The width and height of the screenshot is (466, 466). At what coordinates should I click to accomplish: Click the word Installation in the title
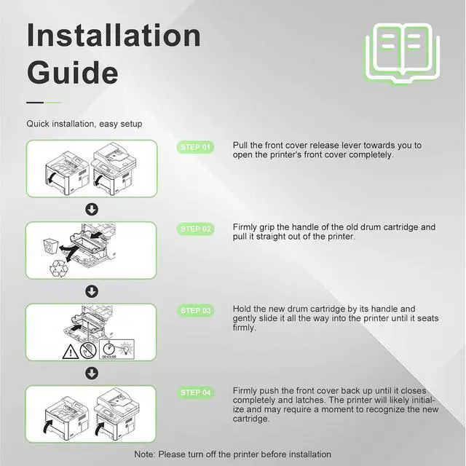[x=114, y=35]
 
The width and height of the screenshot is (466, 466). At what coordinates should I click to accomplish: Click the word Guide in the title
[x=73, y=73]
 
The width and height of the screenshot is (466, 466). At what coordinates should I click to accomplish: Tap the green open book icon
[x=403, y=54]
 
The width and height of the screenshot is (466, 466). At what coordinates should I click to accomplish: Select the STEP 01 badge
[x=195, y=147]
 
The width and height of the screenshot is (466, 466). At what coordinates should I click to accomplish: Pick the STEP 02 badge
[x=195, y=229]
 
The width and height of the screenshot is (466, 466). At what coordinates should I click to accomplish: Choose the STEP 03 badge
[x=195, y=311]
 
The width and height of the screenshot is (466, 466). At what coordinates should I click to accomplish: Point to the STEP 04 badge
[x=195, y=392]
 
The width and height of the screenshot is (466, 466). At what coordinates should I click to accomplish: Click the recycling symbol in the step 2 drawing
[x=58, y=269]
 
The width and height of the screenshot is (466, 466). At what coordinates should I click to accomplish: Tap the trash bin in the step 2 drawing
[x=50, y=247]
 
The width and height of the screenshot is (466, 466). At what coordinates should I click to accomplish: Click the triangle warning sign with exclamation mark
[x=71, y=352]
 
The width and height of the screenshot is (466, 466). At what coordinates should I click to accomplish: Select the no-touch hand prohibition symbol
[x=88, y=350]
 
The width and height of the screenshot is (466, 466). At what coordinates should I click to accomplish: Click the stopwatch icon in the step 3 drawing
[x=109, y=348]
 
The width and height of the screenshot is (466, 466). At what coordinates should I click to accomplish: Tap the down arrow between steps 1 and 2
[x=92, y=210]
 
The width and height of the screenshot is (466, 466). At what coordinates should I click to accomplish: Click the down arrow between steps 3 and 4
[x=92, y=374]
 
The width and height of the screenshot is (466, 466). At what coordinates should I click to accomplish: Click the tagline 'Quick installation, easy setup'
[x=84, y=124]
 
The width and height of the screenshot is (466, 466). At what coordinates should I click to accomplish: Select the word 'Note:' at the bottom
[x=145, y=454]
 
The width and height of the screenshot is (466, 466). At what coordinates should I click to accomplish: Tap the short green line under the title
[x=52, y=103]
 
